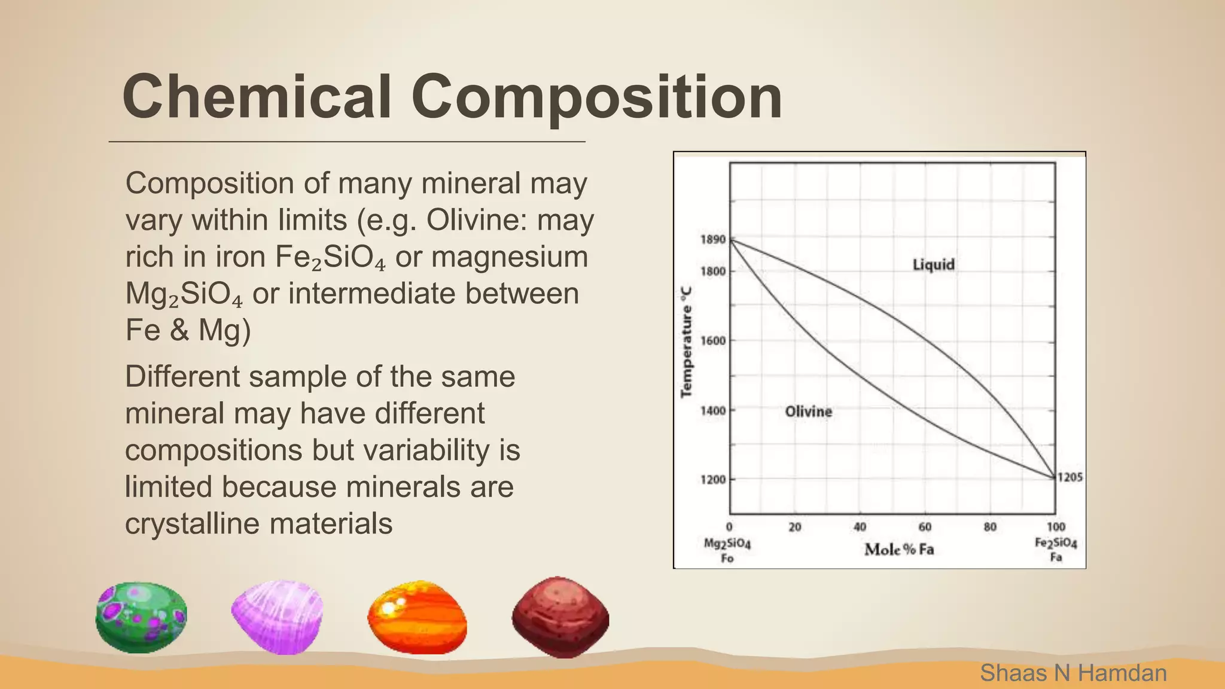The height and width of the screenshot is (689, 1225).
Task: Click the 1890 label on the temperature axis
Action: [712, 240]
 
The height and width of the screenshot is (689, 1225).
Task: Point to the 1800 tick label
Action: [712, 272]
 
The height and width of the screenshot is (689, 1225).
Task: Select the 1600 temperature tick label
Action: [712, 341]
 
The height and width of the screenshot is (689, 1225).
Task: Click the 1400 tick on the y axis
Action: [712, 411]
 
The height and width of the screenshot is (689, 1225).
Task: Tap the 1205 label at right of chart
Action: [1069, 477]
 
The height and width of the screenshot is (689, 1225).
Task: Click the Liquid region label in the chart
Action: [933, 264]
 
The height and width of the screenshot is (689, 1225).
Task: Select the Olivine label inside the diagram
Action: [808, 411]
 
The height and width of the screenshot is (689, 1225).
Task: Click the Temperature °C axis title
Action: [687, 342]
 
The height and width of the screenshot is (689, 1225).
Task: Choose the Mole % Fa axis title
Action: [898, 549]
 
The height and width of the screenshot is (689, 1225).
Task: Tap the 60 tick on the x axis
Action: [925, 527]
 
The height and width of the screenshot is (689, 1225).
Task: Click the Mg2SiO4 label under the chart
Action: [727, 544]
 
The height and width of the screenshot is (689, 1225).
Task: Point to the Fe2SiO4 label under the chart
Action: [1056, 544]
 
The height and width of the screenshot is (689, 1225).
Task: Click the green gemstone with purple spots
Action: [141, 617]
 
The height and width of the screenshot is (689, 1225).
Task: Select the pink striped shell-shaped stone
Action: [278, 616]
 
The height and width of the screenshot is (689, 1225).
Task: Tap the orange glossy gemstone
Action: [417, 617]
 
